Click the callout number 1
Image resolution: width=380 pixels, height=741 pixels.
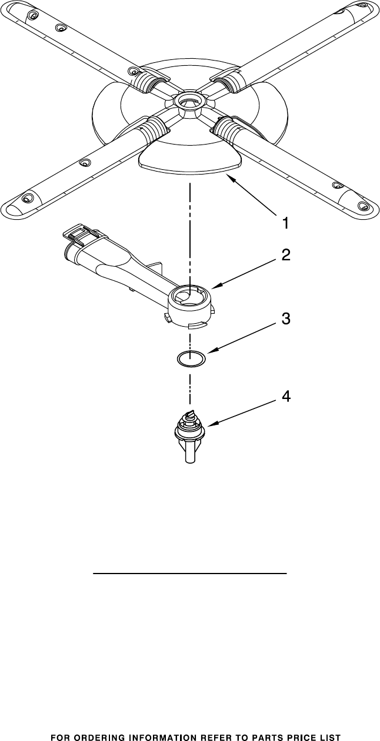click(285, 223)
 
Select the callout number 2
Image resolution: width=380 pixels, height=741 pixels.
click(285, 255)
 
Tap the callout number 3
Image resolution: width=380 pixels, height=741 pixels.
click(285, 320)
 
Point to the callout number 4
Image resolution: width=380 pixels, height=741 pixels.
click(285, 397)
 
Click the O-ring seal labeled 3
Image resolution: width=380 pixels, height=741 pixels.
click(191, 357)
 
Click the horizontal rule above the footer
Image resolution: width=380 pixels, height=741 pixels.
click(190, 572)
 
